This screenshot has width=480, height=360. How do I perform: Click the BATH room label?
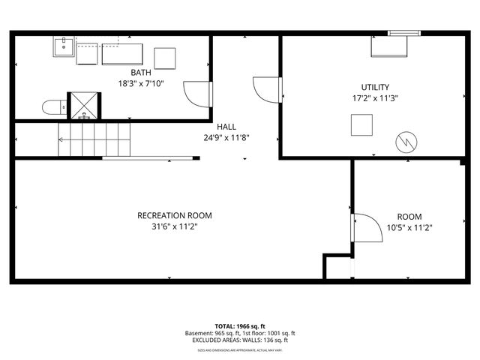[141, 73]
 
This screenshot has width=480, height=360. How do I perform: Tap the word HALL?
[226, 127]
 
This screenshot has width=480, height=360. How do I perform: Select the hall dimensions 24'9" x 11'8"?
[226, 137]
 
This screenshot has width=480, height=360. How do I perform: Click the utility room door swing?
[266, 90]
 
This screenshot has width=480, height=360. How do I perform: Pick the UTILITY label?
[376, 87]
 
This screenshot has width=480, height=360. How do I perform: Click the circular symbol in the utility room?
[405, 139]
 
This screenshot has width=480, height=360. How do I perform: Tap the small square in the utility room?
[362, 124]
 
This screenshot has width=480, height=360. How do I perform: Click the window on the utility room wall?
[404, 32]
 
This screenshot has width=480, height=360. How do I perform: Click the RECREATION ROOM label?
[169, 215]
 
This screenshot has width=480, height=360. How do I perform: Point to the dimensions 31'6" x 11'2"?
[169, 226]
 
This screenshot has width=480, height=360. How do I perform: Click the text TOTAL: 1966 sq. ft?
[240, 326]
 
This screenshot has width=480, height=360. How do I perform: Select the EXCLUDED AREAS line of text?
[240, 340]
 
